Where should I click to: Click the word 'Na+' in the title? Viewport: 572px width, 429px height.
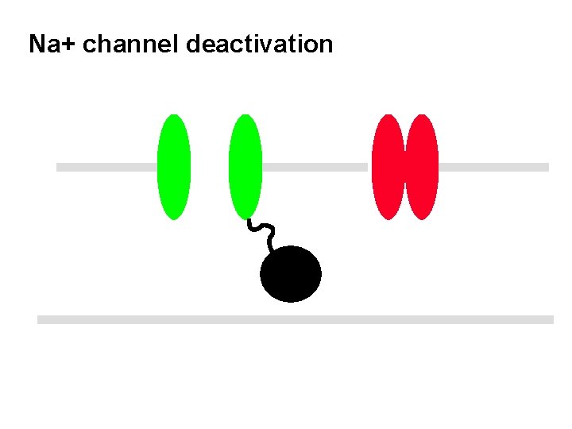[x=52, y=44]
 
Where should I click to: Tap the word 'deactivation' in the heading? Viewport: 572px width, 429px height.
[x=259, y=44]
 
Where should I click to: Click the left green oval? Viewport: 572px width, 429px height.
[x=174, y=167]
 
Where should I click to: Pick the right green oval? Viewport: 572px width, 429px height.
[x=245, y=167]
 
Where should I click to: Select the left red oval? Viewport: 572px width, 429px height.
[x=388, y=167]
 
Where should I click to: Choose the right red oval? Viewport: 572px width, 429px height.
[x=422, y=167]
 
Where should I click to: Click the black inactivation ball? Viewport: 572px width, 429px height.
[x=291, y=274]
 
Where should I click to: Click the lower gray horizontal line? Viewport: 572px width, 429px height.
[x=295, y=319]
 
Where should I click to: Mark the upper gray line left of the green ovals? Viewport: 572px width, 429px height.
[x=106, y=167]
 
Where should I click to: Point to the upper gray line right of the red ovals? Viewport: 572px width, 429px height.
[x=493, y=167]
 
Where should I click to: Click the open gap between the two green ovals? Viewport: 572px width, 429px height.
[x=209, y=167]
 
